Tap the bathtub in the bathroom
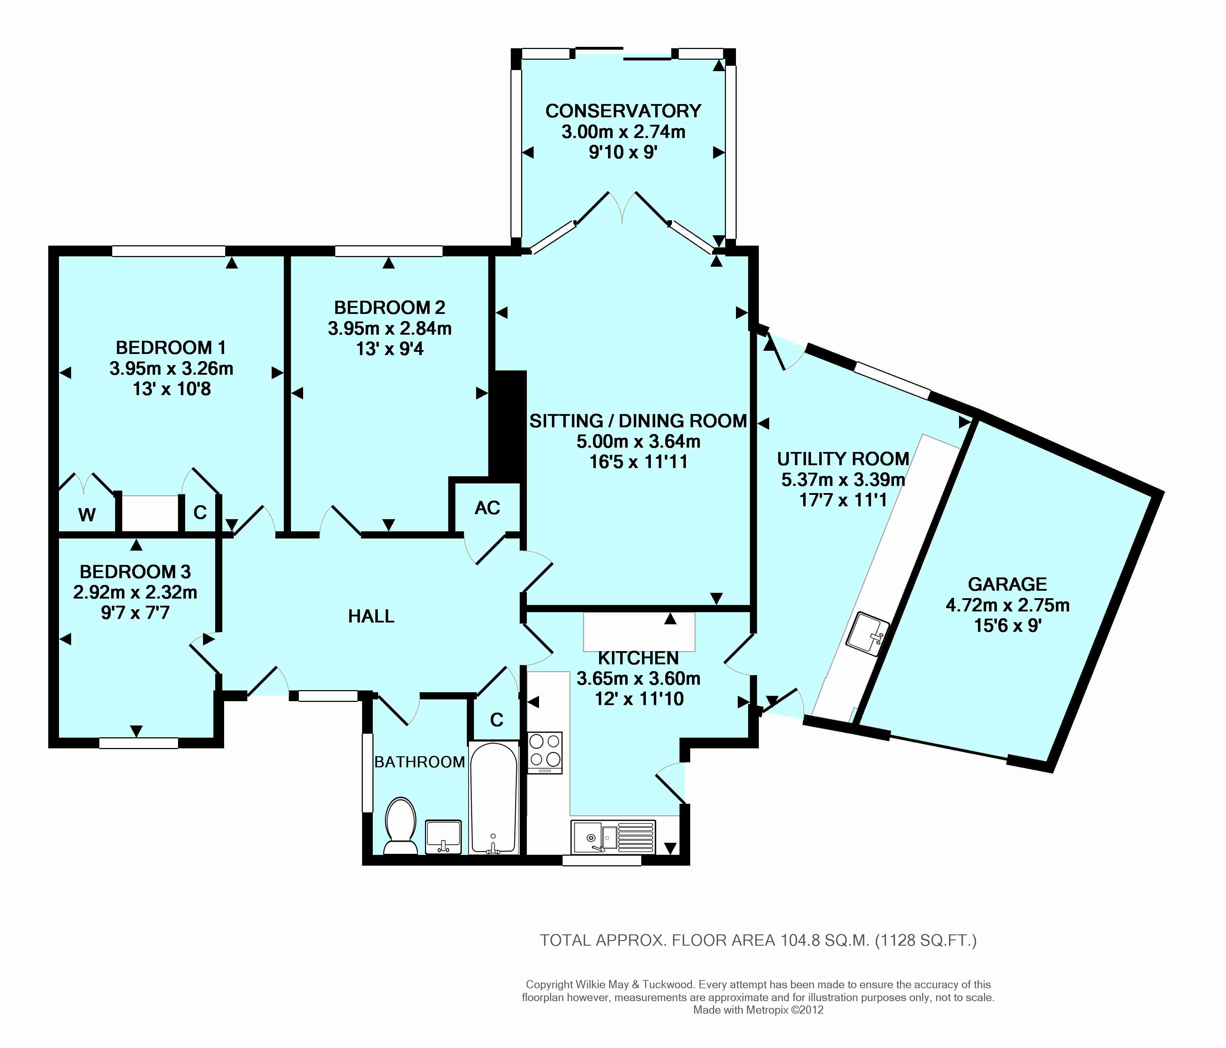[494, 798]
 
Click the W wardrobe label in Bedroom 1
[87, 515]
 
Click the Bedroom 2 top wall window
[389, 251]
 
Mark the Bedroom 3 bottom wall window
[138, 743]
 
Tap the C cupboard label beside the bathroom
[496, 719]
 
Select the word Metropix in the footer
[767, 1010]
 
